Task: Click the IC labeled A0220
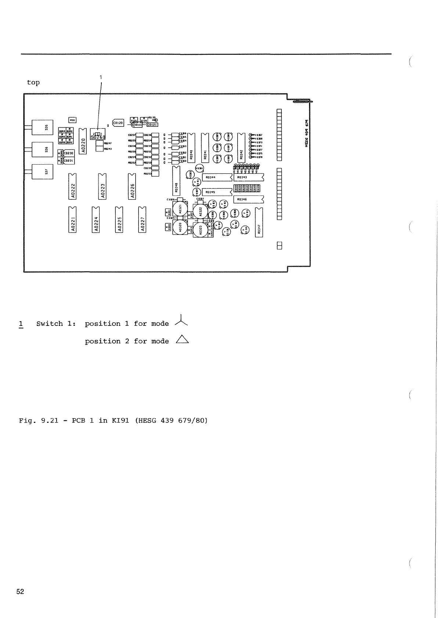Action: pos(83,141)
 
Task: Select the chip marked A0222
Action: pos(73,186)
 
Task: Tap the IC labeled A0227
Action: pos(142,220)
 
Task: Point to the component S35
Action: pos(43,127)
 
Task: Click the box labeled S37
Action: pos(43,172)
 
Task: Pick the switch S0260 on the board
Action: pos(98,136)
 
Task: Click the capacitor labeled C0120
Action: pos(118,123)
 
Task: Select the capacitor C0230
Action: pos(69,153)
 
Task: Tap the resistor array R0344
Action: pos(217,177)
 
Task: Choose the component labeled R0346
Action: pos(249,200)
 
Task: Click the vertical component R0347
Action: pos(259,223)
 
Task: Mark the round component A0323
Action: pos(201,230)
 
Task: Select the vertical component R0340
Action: pos(191,147)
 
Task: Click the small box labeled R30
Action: pos(72,120)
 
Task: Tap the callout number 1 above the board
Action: pos(101,77)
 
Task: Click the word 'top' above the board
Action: pos(33,82)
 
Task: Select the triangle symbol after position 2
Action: pos(182,340)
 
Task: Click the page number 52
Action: pos(20,592)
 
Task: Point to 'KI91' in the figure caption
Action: pos(120,420)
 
